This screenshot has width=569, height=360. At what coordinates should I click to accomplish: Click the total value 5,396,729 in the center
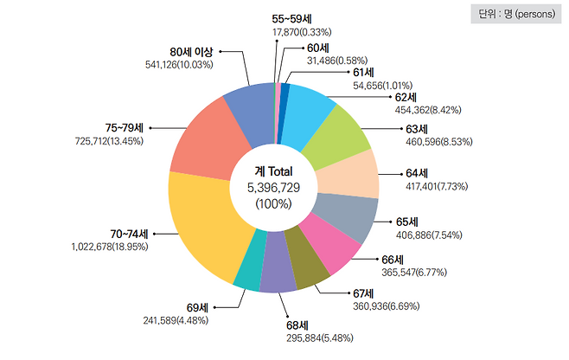(x=273, y=188)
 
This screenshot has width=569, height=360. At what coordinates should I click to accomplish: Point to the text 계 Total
(x=273, y=172)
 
